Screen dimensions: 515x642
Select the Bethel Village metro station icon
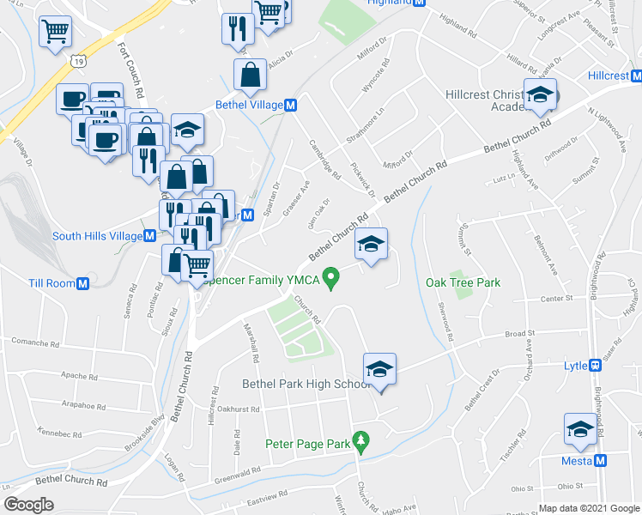(291, 105)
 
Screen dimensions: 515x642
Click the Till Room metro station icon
(83, 283)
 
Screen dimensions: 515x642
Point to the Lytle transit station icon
(594, 365)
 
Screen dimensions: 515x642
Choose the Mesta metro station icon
(601, 461)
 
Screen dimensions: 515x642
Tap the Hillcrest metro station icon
(635, 76)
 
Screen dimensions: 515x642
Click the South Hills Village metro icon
(148, 236)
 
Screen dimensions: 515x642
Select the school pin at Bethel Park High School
(379, 371)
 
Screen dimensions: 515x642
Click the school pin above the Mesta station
(580, 431)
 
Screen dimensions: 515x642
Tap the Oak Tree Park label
(463, 282)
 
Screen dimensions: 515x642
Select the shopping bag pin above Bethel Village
(250, 76)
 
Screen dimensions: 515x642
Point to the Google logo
(28, 505)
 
